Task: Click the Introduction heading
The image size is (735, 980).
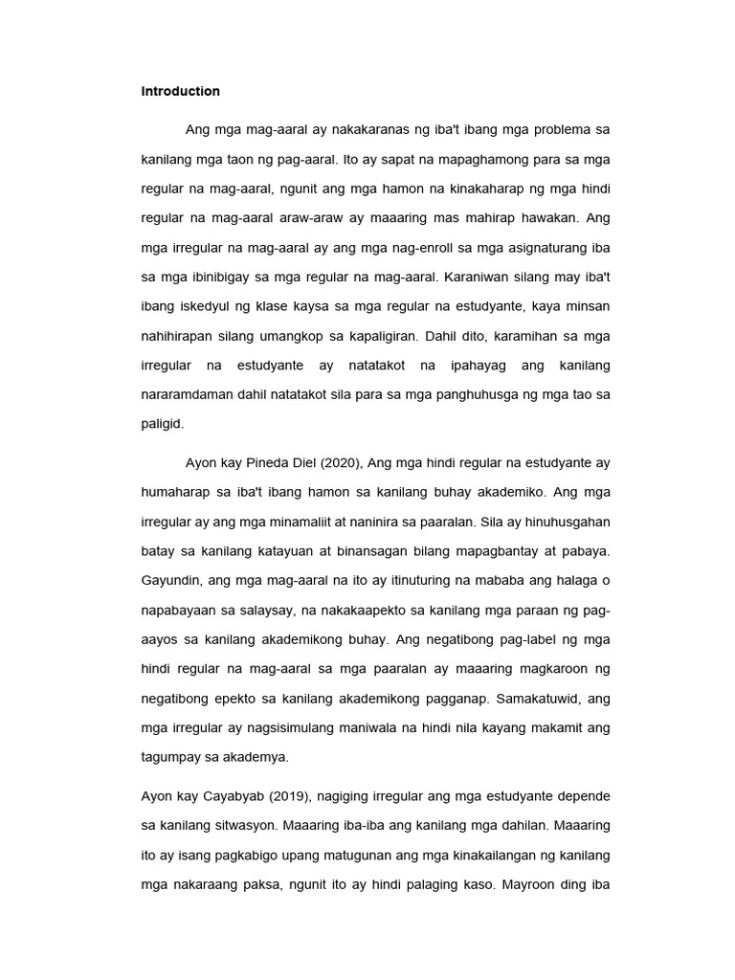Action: pos(180,92)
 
